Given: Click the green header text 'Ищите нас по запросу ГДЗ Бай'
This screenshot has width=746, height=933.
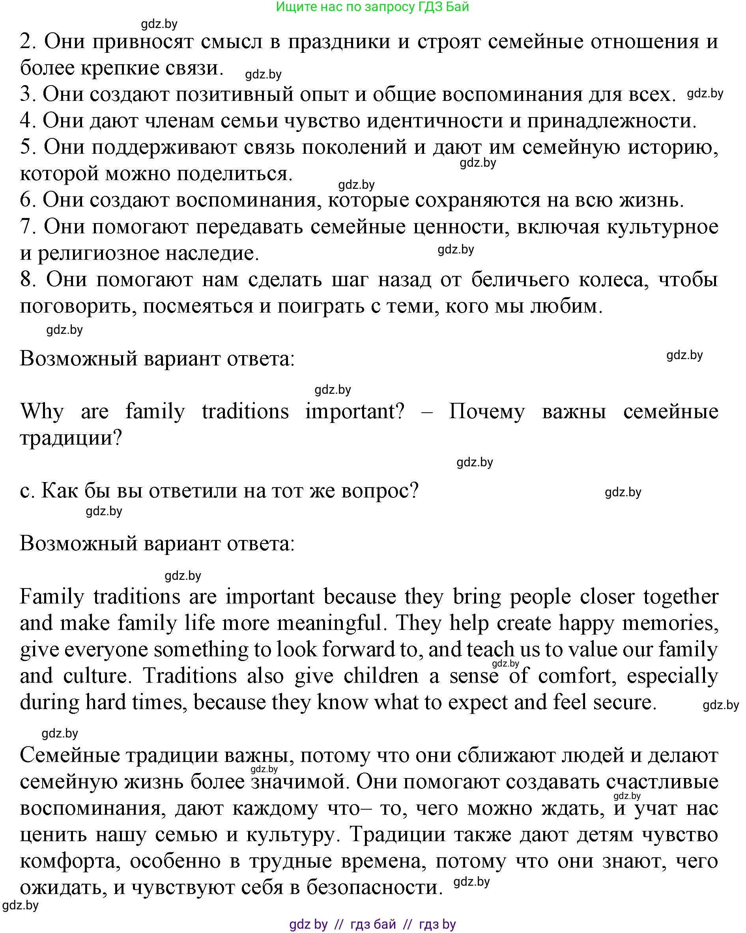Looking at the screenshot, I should tap(372, 7).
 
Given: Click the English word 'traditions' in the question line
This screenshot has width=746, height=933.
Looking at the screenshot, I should tap(245, 412).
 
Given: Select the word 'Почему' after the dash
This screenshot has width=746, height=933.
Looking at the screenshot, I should tap(486, 412).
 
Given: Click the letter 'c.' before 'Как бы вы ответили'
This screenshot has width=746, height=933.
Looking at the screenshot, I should tap(27, 491).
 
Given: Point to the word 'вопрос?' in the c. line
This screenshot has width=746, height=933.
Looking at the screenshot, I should tap(380, 491).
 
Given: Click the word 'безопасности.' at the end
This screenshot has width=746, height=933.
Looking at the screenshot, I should tap(375, 888).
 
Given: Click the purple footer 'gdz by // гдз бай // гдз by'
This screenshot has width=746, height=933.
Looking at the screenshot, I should tap(372, 924).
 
